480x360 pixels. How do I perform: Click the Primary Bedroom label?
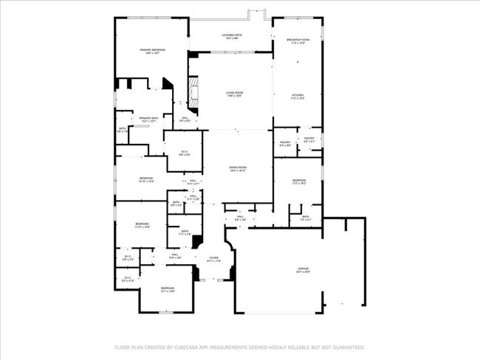[x=152, y=51]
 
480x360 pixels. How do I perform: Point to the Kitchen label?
[x=297, y=97]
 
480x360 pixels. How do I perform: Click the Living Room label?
[x=234, y=94]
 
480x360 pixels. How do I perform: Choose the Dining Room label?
[x=237, y=169]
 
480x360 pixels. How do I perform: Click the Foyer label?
[x=213, y=259]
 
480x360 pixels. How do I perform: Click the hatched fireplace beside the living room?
[x=194, y=93]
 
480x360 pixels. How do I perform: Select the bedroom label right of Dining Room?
[x=298, y=181]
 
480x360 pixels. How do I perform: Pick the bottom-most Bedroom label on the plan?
[x=168, y=289]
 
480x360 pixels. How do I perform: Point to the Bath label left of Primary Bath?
[x=123, y=130]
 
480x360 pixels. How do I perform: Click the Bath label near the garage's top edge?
[x=306, y=218]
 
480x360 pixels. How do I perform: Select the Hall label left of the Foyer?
[x=176, y=256]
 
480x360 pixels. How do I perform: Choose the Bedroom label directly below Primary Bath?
[x=146, y=179]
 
